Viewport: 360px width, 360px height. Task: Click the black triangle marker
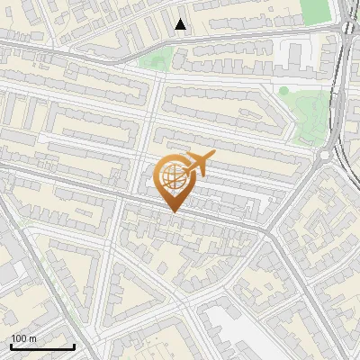coord(181,24)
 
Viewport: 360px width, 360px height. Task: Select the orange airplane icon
coord(198,163)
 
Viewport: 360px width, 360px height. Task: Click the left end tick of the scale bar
coord(11,346)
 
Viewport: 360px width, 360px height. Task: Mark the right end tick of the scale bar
coord(74,346)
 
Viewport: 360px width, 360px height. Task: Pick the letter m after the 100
coord(33,339)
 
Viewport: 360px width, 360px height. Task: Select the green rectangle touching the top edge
coord(315,11)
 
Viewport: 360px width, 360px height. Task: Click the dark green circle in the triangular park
coord(283,90)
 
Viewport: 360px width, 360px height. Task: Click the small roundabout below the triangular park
coord(323,156)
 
